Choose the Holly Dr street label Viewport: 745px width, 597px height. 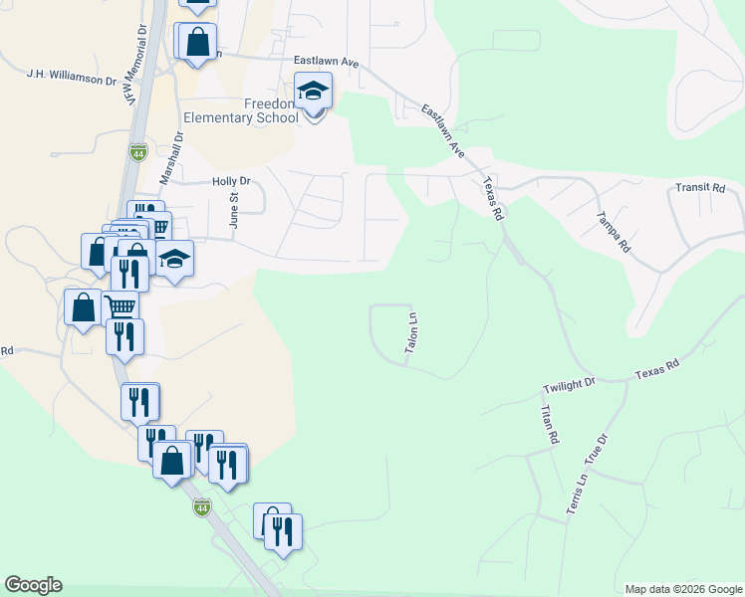coord(231,182)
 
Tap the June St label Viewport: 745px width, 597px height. coord(235,212)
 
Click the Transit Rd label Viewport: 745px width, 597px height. coord(698,187)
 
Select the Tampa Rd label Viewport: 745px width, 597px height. coord(613,231)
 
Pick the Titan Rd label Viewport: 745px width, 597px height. coord(549,424)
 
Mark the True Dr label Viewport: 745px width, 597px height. coord(601,447)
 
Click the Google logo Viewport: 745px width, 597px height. coord(33,585)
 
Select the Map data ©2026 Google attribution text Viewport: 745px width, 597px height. coord(683,589)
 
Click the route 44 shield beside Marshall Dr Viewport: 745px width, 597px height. coord(137,152)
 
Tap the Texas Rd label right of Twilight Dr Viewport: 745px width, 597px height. coord(657,366)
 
